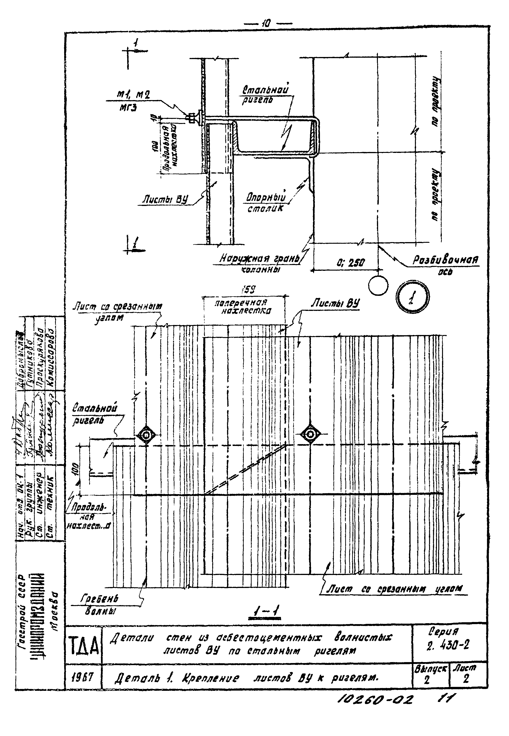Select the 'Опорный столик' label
tap(265, 202)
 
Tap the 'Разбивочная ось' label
tap(446, 264)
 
